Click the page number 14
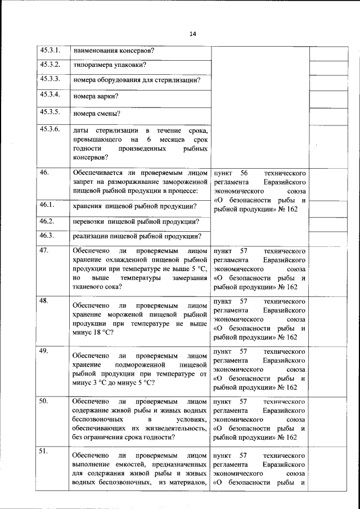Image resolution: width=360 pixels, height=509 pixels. click(192, 34)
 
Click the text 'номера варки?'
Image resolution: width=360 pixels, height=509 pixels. click(96, 97)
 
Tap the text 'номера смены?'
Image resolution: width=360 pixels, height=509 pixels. click(97, 114)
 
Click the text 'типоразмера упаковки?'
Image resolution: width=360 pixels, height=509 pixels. click(110, 65)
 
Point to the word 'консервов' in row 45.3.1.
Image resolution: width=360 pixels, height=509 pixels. click(136, 51)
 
